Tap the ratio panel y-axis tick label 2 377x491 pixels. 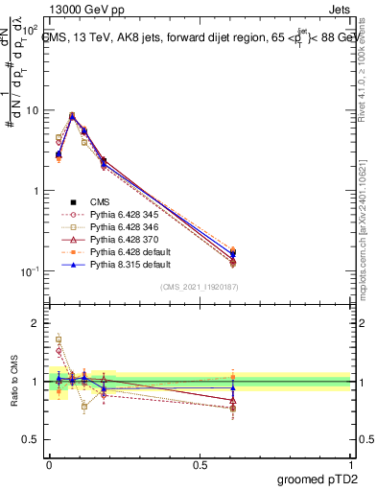pos(35,324)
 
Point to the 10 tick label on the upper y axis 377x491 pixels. pos(31,110)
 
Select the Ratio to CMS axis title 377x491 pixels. pos(13,381)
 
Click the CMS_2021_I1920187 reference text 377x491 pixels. pos(200,288)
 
